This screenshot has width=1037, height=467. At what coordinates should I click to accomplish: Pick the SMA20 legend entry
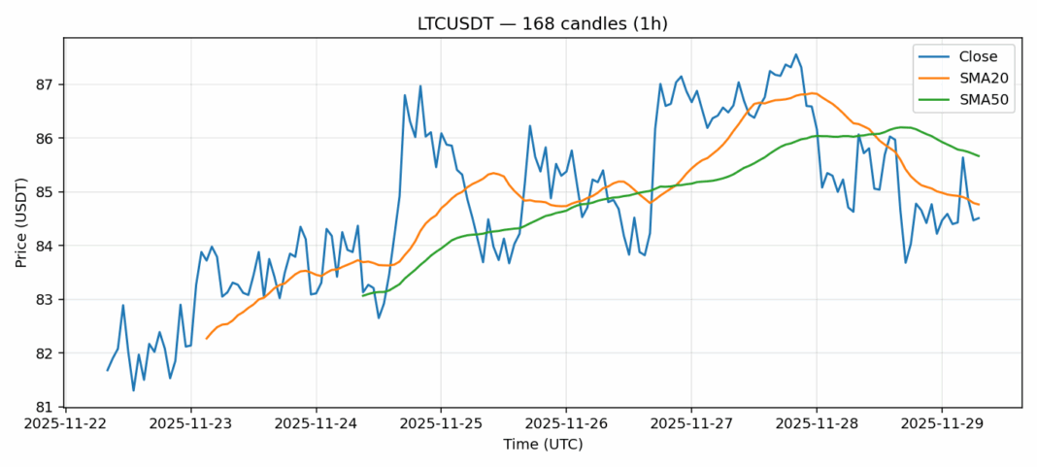point(972,79)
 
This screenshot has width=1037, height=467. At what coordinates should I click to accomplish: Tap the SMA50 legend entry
point(972,100)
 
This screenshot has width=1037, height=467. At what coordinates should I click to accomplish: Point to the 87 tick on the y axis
point(48,84)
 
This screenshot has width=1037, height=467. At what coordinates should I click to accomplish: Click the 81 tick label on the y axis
point(48,407)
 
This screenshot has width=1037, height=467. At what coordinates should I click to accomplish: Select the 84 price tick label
point(48,246)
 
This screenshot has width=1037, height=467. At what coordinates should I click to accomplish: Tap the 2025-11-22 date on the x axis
point(65,423)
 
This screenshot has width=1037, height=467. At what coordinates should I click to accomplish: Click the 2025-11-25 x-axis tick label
point(441,423)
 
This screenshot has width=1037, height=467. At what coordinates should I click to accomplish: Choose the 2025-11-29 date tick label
point(942,423)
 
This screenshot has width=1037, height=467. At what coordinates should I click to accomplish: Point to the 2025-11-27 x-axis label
point(691,423)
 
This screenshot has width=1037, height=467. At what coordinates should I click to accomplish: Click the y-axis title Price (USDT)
point(20,222)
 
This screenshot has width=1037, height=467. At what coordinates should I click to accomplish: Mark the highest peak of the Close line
point(795,54)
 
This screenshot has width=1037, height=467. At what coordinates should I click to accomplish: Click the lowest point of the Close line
point(133,390)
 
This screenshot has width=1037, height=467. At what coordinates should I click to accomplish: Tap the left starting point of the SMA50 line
point(362,296)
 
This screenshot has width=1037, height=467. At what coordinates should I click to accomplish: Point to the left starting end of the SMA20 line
point(206,338)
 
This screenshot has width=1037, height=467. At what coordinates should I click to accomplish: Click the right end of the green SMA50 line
point(979,156)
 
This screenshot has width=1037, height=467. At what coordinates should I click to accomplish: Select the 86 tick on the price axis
point(48,138)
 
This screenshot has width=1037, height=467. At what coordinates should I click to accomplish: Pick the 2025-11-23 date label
point(190,423)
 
